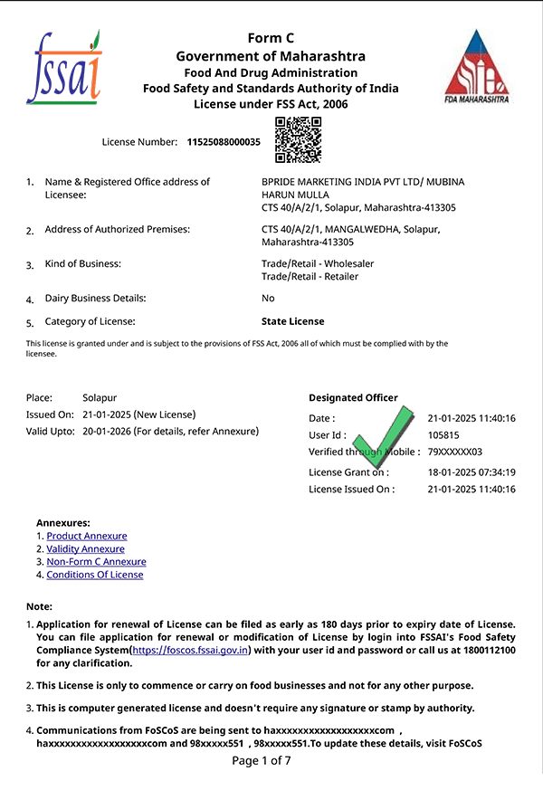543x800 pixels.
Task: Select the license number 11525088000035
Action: pos(224,142)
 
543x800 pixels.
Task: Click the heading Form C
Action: pos(271,37)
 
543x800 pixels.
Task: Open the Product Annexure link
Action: pos(87,537)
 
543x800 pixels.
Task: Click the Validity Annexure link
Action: pos(85,549)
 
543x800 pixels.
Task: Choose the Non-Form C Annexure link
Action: pos(96,562)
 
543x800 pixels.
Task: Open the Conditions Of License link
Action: pos(95,575)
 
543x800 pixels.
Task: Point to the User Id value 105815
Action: pos(443,435)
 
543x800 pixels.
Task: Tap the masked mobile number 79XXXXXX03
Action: pos(455,452)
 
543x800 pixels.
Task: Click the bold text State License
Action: pos(292,321)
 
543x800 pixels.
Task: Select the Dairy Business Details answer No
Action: pos(268,299)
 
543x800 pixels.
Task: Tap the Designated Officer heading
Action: pos(353,398)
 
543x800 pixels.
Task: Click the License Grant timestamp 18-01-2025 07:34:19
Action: pos(472,472)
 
